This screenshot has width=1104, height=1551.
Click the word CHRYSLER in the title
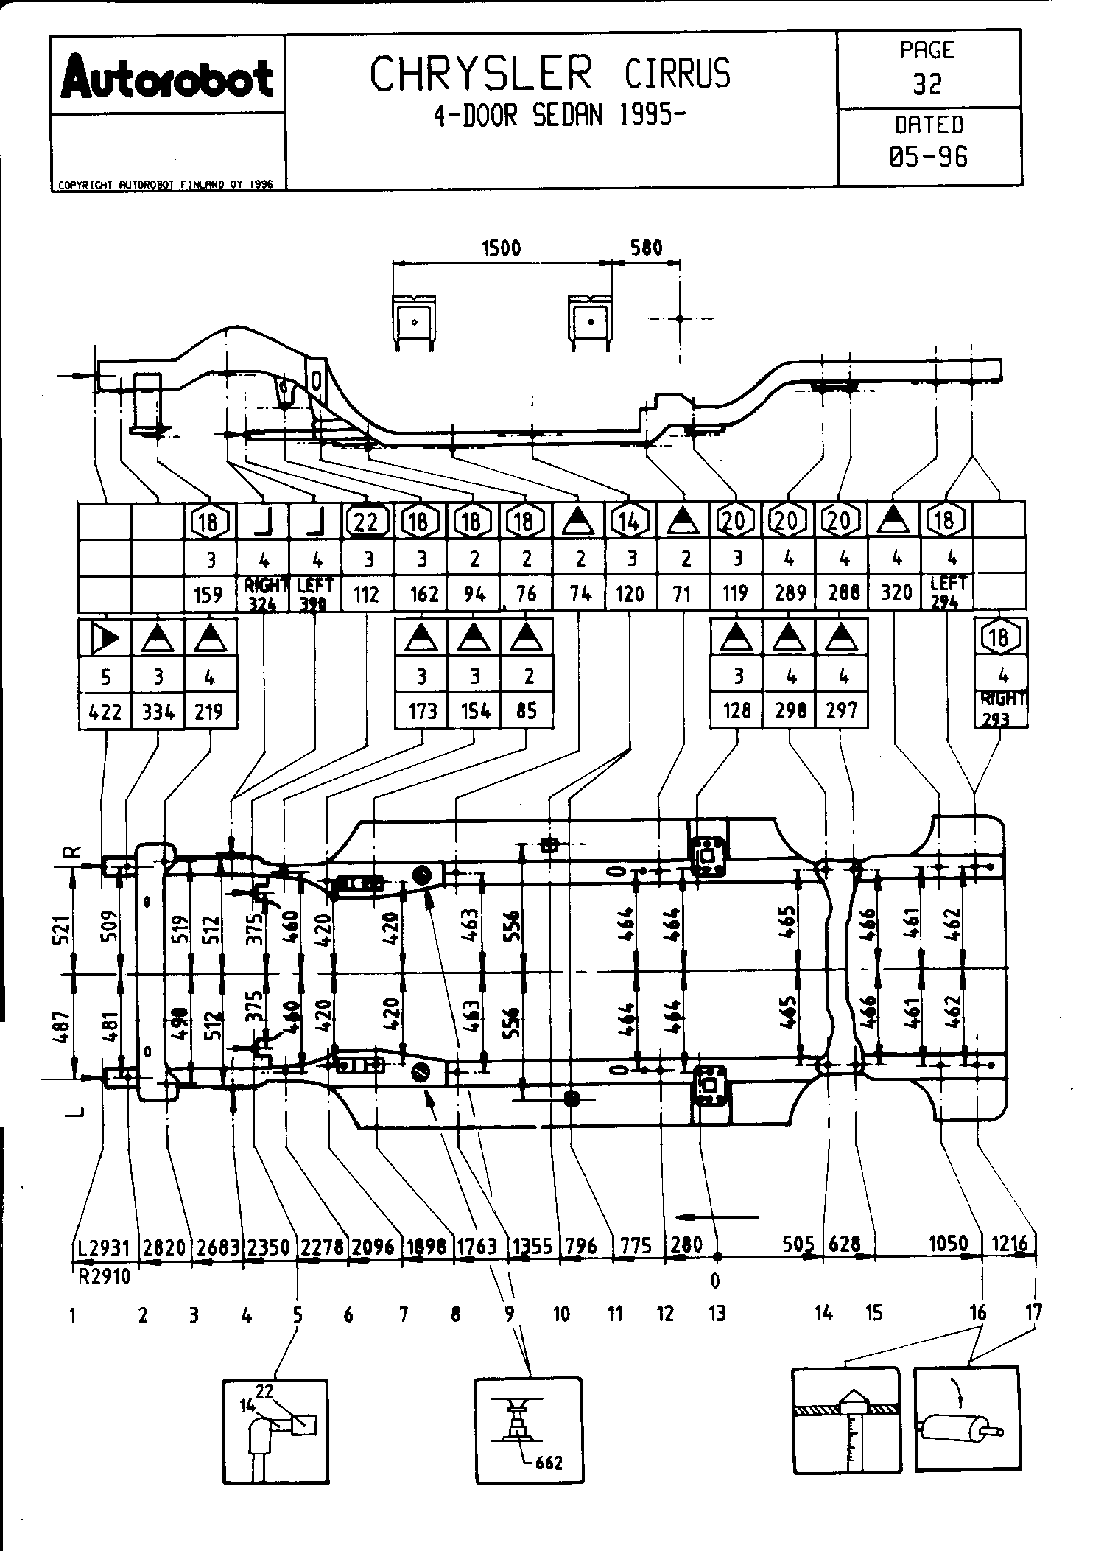pos(481,74)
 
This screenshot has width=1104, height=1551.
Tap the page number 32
pos(927,85)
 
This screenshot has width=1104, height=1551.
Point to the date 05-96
pos(928,156)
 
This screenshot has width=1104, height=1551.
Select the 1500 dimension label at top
pos(502,248)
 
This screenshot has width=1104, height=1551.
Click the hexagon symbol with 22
pos(366,522)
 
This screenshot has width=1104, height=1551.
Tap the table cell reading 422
pos(105,712)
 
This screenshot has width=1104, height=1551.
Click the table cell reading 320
pos(896,593)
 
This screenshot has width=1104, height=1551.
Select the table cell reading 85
pos(527,712)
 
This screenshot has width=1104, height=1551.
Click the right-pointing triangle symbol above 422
pos(105,638)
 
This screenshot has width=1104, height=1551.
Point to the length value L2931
pos(104,1248)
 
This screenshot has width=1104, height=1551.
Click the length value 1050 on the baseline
pos(948,1244)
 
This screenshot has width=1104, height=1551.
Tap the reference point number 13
pos(717,1313)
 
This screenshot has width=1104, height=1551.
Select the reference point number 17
pos(1033,1312)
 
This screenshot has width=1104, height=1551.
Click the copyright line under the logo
pos(166,185)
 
